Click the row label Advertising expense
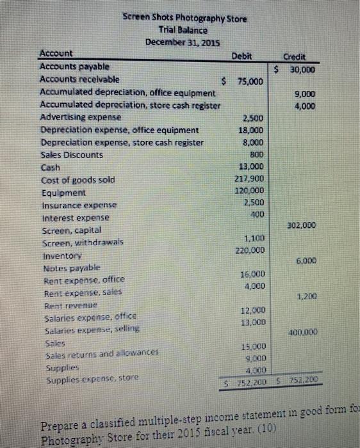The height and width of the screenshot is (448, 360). click(x=80, y=118)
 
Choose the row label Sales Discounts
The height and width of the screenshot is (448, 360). click(x=71, y=155)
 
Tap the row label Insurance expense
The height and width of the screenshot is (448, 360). click(x=79, y=205)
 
